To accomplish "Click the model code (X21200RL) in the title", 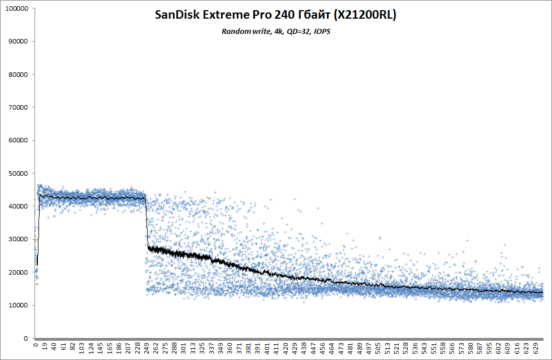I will coord(366,16).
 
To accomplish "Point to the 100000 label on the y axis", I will coord(17,8).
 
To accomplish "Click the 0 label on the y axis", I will coord(26,339).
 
